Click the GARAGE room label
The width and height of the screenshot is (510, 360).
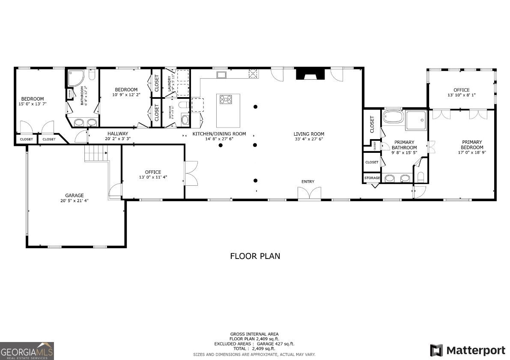click(75, 195)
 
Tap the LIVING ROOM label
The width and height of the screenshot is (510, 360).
click(309, 134)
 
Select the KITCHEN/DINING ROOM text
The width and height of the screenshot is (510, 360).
click(219, 134)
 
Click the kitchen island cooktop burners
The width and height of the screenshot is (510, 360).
click(225, 100)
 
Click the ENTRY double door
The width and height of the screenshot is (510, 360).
click(309, 193)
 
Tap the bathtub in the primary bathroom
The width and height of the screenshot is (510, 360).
click(393, 116)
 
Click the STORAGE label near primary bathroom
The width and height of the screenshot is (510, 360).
click(372, 178)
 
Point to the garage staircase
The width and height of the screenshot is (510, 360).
click(95, 153)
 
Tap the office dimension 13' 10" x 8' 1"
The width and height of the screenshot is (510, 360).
click(461, 95)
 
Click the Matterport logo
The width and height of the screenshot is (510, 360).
click(468, 350)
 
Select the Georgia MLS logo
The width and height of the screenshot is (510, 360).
click(27, 351)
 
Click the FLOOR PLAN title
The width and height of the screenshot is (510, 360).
click(255, 256)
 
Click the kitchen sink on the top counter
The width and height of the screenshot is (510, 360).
click(221, 75)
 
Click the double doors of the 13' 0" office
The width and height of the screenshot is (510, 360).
click(191, 172)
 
